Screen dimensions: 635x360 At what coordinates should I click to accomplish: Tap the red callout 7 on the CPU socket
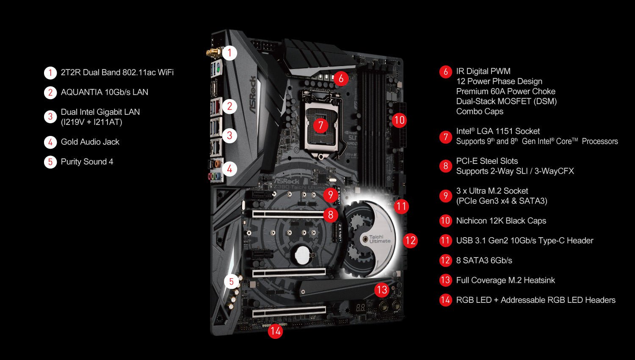pos(320,125)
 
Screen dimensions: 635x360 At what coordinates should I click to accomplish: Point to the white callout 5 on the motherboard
pos(232,281)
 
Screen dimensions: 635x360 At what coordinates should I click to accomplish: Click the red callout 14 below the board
pos(275,331)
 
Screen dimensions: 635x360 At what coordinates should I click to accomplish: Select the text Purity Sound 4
pos(87,162)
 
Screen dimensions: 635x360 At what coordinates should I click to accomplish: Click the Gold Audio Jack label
pos(90,142)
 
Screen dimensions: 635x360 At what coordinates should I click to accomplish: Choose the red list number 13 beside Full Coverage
pos(445,280)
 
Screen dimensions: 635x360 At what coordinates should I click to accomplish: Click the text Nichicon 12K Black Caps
pos(501,221)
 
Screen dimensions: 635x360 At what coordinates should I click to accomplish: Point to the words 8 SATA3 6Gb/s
pos(484,260)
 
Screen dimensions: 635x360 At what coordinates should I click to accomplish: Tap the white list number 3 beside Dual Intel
pos(50,117)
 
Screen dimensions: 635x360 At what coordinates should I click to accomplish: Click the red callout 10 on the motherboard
pos(400,120)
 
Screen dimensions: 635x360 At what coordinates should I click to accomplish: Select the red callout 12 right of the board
pos(410,241)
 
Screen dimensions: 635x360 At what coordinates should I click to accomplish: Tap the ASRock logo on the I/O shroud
pos(253,95)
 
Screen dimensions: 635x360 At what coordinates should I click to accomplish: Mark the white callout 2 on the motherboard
pos(229,106)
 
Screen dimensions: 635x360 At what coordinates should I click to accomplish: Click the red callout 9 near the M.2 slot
pos(331,194)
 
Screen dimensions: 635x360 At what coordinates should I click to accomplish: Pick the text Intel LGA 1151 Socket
pos(498,131)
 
